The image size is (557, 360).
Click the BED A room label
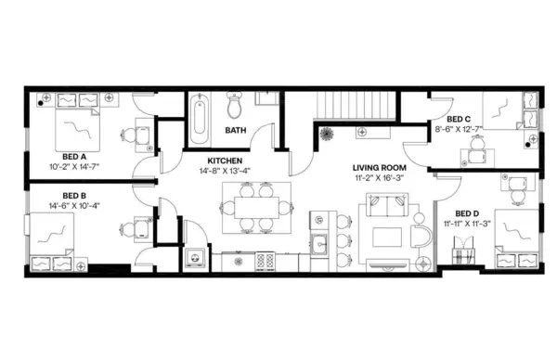pos(74,157)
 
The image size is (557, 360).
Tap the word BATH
pos(236,131)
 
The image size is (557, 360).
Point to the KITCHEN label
pos(225,160)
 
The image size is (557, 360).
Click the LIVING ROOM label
pos(377,168)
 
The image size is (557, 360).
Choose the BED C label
pos(459,120)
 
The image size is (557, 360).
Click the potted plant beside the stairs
pos(326,134)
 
